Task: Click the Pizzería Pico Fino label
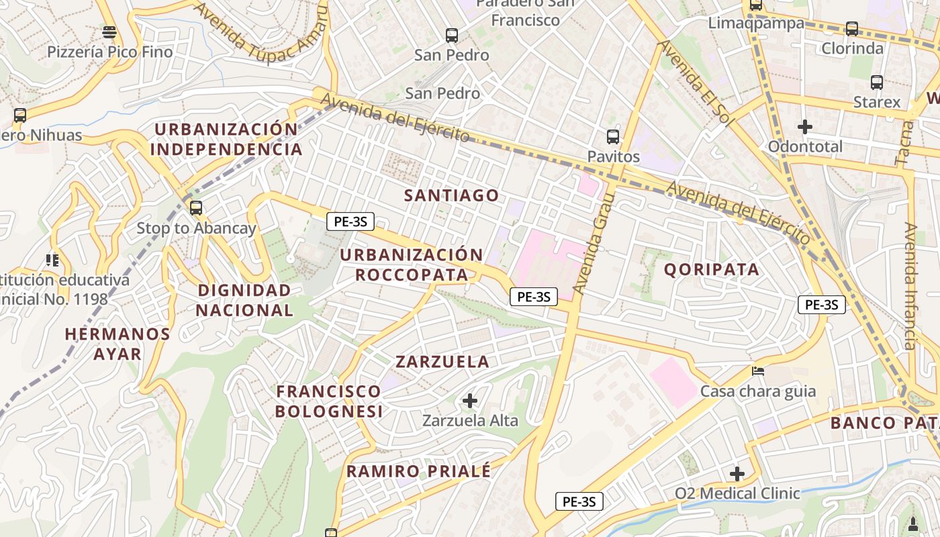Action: pos(109,52)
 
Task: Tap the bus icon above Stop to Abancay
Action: pos(196,208)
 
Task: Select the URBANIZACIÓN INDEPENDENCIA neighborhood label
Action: pos(226,139)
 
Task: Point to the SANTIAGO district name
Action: pos(452,196)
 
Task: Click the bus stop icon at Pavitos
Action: pos(612,137)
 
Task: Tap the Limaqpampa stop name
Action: pos(756,23)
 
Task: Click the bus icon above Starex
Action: pos(877,83)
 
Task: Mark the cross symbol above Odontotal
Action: pos(804,126)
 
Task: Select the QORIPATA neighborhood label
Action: pos(712,270)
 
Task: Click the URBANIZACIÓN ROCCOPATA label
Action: pos(412,264)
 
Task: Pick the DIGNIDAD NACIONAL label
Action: pos(244,300)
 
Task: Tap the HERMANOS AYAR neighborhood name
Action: pos(117,344)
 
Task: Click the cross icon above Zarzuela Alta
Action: pos(470,401)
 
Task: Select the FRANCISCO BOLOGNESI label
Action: pos(329,401)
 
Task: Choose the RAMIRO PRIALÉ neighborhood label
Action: pos(419,471)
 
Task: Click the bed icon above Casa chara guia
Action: pos(758,371)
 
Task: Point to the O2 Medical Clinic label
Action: pos(737,493)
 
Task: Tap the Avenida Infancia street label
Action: pos(910,287)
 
